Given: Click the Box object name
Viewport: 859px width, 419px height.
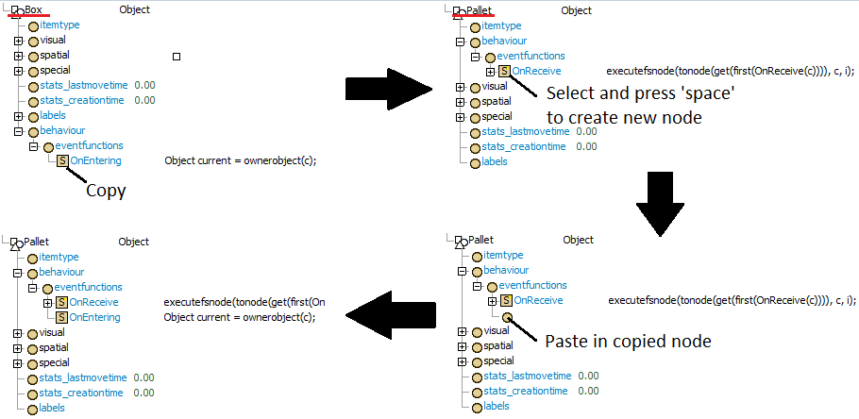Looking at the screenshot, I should click(34, 9).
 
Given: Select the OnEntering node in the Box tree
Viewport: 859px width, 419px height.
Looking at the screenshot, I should click(95, 160).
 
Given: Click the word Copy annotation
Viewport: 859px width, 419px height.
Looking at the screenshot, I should click(106, 191).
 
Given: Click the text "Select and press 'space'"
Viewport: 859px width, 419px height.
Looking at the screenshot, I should click(640, 94).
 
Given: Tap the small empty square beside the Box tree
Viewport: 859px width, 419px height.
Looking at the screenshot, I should click(177, 58).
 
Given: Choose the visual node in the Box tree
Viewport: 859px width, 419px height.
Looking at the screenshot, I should click(54, 41).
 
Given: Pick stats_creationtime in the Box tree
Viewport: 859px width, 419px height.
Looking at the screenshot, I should click(84, 100).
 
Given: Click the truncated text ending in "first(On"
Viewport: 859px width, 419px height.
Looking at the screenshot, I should click(244, 302).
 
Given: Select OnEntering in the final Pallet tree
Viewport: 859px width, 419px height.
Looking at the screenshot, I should click(94, 317).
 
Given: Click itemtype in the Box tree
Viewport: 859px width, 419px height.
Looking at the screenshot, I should click(61, 25).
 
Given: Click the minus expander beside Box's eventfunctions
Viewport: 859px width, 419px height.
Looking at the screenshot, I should click(33, 146).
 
